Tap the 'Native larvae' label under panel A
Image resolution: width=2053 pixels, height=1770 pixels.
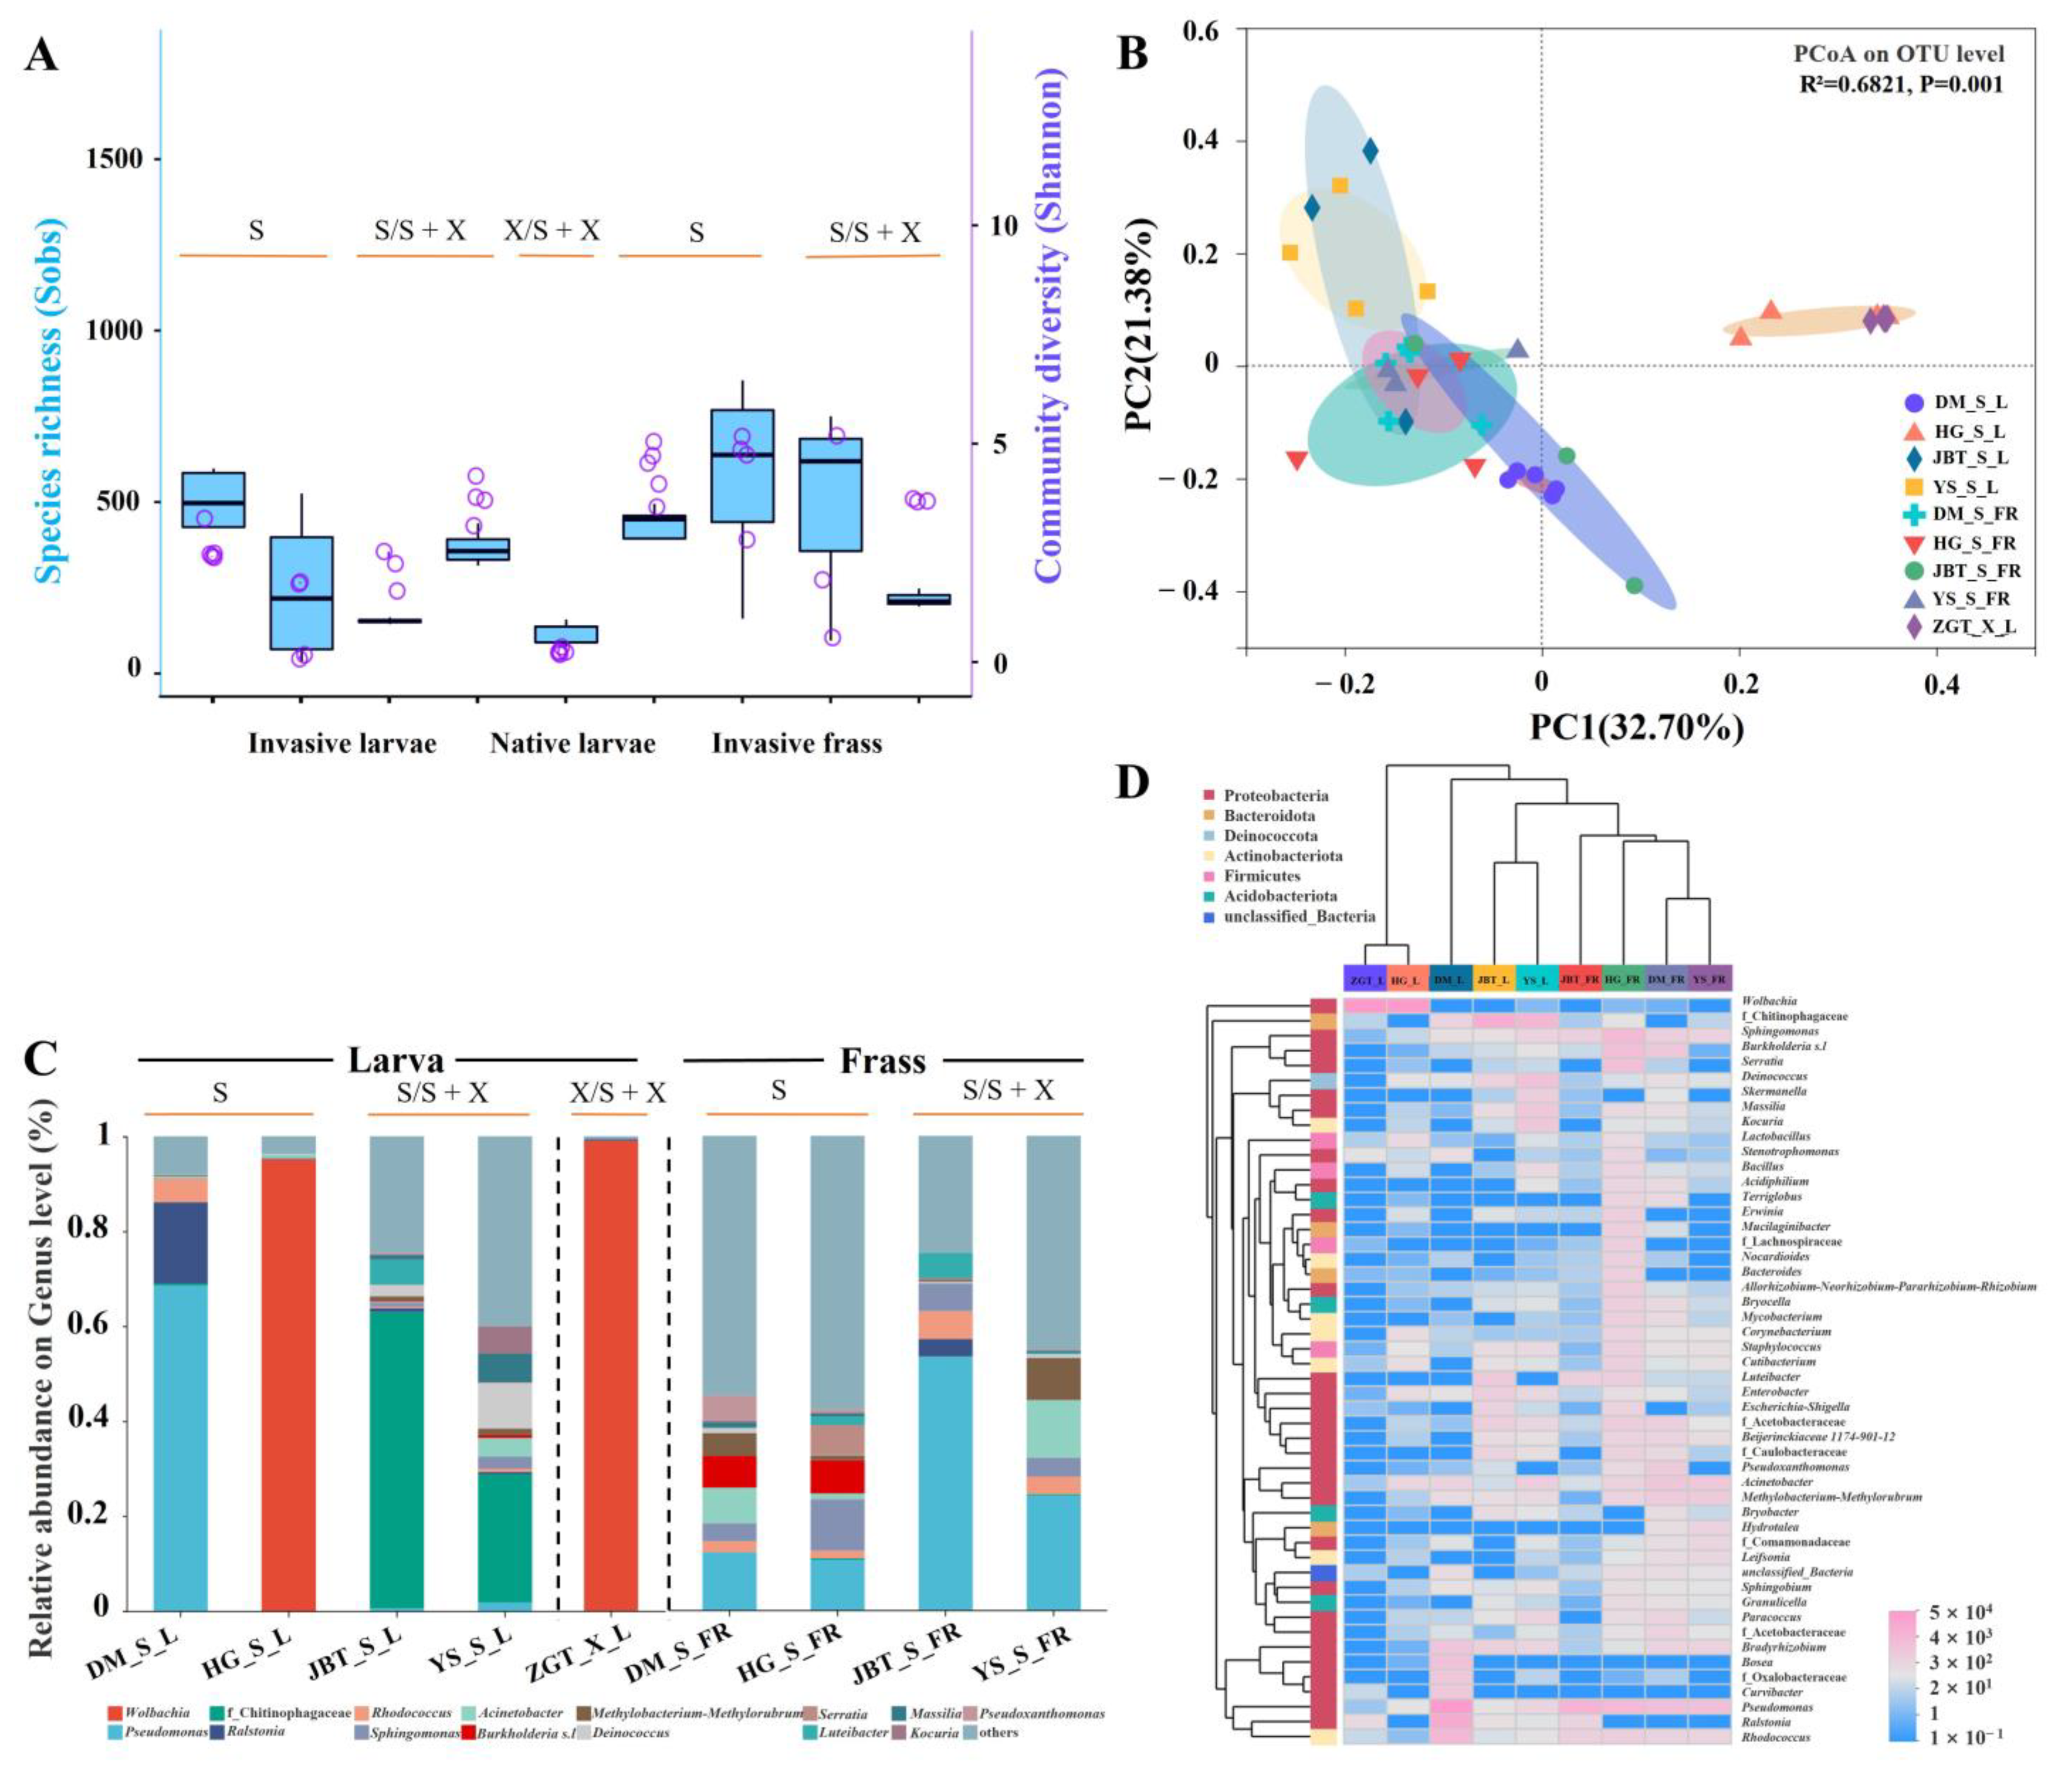pyautogui.click(x=572, y=743)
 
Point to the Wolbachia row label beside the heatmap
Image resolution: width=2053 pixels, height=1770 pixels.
pyautogui.click(x=1769, y=1001)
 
